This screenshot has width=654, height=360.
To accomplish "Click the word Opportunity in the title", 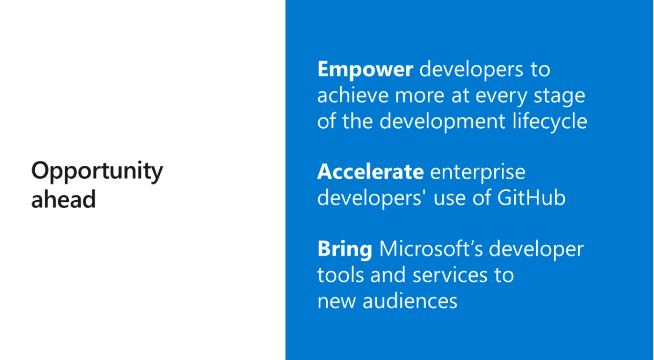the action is pos(97,172).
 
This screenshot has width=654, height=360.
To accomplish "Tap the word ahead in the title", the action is pos(63,199).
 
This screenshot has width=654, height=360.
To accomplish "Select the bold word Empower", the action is pos(365,70).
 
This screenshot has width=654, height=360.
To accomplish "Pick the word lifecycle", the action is pos(550,121).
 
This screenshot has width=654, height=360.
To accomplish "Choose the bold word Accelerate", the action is pos(371,172).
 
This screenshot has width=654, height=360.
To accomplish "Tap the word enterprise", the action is pos(478,173).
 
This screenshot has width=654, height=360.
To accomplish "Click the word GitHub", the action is pos(531,198).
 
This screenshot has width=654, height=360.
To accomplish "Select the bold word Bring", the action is pos(345,250).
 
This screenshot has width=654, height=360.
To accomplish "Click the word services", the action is pos(450,275).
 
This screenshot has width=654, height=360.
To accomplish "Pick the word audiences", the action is pos(410,301).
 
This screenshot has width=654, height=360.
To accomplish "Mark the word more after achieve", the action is pos(420,97).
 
